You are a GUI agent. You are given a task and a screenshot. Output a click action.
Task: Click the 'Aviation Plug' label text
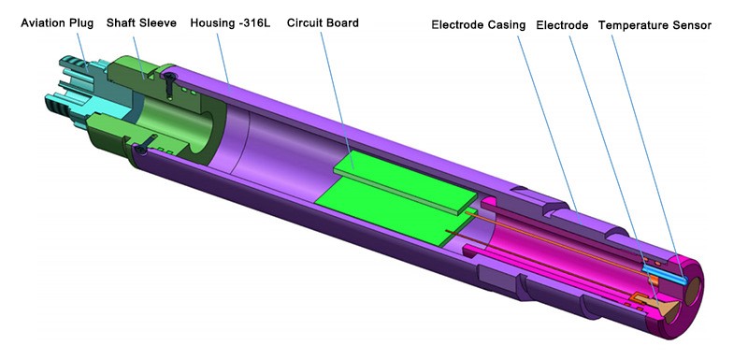point(57,22)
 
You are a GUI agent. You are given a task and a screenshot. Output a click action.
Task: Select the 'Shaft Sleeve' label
point(141,22)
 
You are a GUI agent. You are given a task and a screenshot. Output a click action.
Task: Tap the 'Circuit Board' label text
point(323,22)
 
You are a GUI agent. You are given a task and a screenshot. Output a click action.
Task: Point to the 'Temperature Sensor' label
point(654,25)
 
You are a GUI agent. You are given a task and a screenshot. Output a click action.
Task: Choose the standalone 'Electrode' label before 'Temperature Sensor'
point(562,25)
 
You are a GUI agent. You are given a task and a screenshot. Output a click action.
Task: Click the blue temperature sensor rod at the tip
point(665,275)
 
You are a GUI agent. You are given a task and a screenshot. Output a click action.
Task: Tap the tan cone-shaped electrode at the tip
point(666,309)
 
